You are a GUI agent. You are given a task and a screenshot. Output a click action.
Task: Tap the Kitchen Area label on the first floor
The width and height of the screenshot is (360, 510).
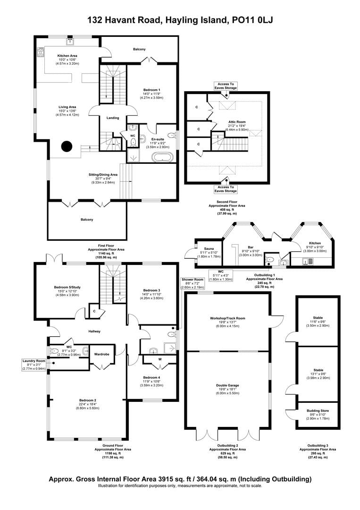click(x=67, y=56)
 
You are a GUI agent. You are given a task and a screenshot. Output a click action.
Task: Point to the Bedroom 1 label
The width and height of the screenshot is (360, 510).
click(x=151, y=90)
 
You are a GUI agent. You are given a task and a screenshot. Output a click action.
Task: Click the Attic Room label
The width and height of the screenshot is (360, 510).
click(x=225, y=121)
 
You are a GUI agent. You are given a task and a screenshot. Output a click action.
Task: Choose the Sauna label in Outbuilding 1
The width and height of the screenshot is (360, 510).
click(x=209, y=248)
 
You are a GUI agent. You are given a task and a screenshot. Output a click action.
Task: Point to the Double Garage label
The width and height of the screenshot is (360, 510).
click(x=227, y=385)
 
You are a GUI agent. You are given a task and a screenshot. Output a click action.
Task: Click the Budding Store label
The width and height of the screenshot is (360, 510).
click(x=318, y=411)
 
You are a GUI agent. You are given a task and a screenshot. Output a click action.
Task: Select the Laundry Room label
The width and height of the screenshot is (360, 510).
click(x=33, y=361)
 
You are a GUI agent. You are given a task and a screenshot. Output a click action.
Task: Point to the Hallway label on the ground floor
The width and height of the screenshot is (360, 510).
click(x=93, y=331)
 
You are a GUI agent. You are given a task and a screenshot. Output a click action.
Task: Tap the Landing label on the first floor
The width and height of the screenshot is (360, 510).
click(x=113, y=118)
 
